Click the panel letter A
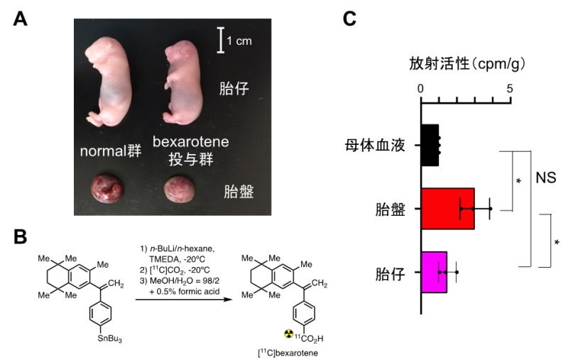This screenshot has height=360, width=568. coord(21,19)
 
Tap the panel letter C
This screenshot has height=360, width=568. coord(349,19)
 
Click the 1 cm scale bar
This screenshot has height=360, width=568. coord(222,40)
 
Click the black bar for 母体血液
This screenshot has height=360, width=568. coord(430,145)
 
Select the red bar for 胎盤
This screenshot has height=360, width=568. coord(447,209)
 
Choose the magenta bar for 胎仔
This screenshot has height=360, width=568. coord(434,272)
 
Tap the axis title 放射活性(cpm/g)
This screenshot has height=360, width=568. coord(466,64)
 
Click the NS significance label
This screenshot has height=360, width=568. coord(545,176)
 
